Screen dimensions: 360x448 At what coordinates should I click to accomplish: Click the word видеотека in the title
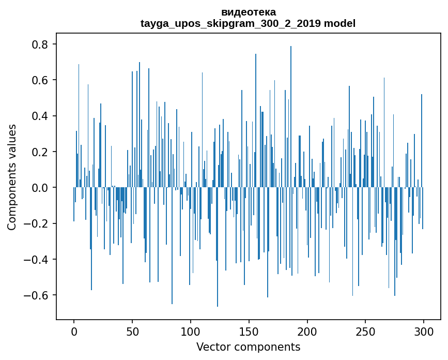click(x=248, y=12)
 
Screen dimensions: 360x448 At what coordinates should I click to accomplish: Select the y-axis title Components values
click(x=12, y=177)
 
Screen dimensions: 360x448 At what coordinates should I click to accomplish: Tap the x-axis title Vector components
click(x=248, y=347)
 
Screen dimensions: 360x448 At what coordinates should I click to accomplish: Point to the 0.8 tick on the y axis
click(x=41, y=44)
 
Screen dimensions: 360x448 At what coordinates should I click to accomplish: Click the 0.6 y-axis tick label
click(x=41, y=80)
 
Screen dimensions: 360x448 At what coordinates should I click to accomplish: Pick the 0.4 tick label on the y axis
click(x=41, y=116)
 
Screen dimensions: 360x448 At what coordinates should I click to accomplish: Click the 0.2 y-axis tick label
click(x=41, y=152)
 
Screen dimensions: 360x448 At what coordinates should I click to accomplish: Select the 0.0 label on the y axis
click(x=41, y=188)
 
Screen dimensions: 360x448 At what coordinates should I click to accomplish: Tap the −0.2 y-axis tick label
click(x=37, y=223)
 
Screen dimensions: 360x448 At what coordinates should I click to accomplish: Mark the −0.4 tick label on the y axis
click(x=37, y=260)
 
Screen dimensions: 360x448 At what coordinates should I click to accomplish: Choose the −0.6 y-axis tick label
click(x=37, y=295)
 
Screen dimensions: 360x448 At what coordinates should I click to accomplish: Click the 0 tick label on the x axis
click(x=74, y=331)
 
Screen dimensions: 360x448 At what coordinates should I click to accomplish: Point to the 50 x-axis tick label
click(x=132, y=331)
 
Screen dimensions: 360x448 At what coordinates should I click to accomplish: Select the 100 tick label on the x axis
click(x=191, y=331)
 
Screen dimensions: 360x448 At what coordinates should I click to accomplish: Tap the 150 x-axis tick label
click(x=249, y=331)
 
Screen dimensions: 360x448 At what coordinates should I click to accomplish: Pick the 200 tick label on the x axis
click(x=307, y=331)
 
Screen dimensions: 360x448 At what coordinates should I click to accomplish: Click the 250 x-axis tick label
click(x=365, y=331)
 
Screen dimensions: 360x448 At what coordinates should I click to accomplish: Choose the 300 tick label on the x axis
click(x=424, y=331)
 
